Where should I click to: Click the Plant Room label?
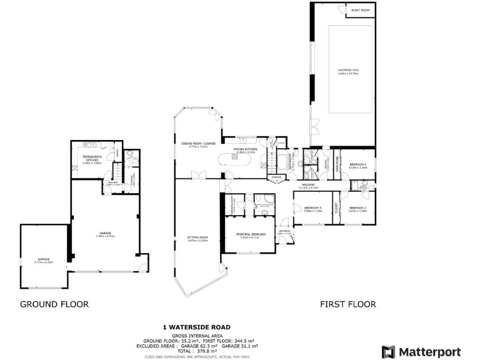361,11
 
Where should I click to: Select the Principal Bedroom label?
251,235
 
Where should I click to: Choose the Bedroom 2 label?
357,209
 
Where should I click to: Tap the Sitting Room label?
197,239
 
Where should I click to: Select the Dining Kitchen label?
246,149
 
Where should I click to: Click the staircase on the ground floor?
116,171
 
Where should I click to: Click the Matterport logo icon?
388,351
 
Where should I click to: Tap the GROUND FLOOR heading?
54,304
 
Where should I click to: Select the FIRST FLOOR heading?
348,304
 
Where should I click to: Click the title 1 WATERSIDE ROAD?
197,327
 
